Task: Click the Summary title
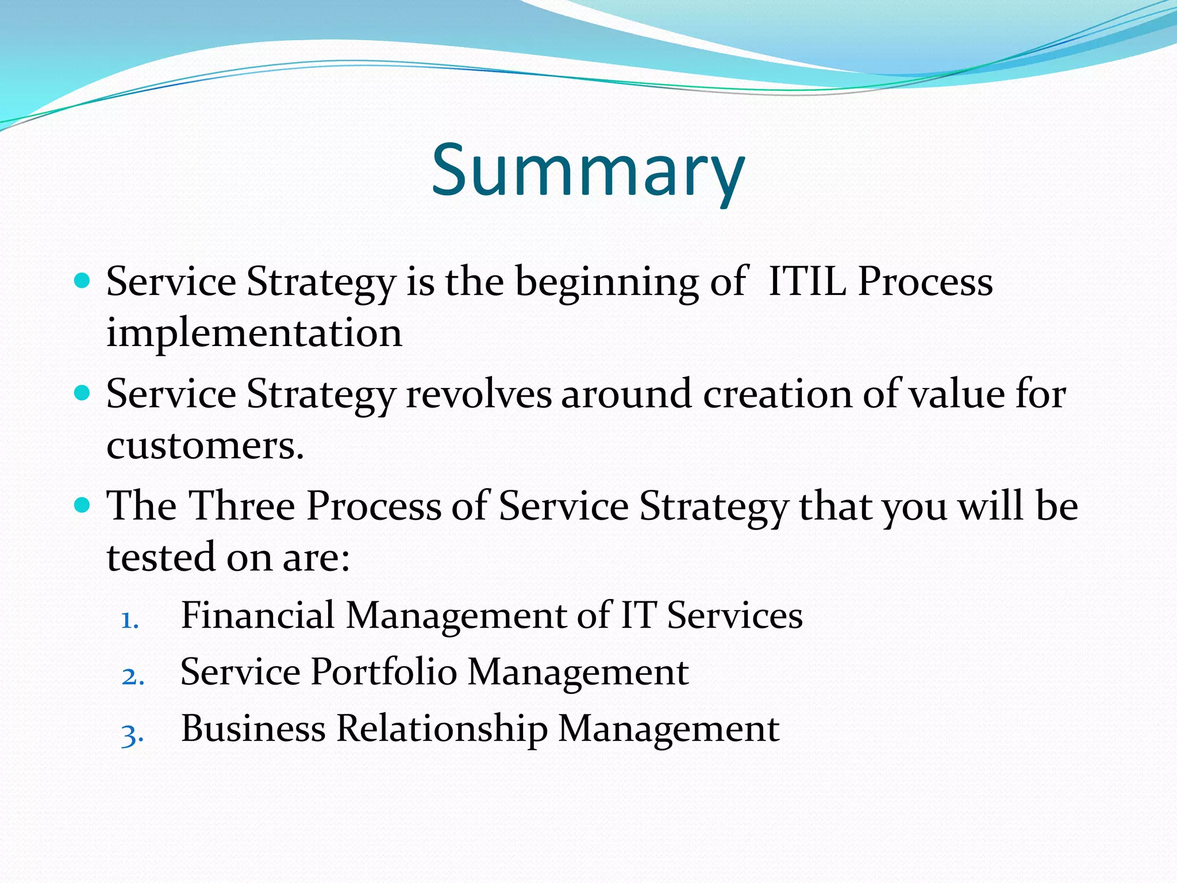pos(588,171)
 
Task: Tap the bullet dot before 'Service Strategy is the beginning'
pos(83,281)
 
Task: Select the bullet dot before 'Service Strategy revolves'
pos(83,393)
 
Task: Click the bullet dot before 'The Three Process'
pos(83,505)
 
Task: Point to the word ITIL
pos(807,282)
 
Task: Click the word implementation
pos(254,333)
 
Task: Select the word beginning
pos(606,283)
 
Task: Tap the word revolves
pos(479,394)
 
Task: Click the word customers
pos(204,446)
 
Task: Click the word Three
pos(242,506)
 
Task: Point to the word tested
pos(161,557)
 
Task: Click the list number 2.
pos(132,677)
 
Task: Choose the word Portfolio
pos(384,671)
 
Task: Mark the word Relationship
pos(441,729)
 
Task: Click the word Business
pos(253,728)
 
